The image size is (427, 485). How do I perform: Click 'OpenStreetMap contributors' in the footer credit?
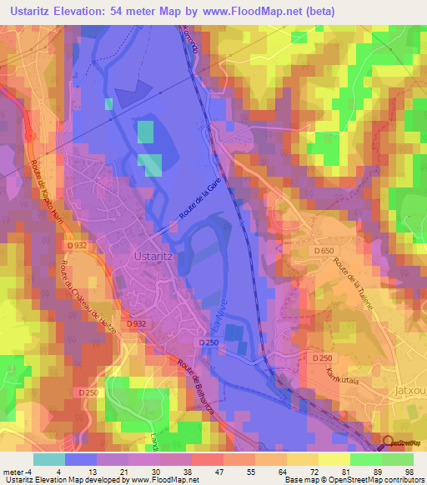tap(375, 480)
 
